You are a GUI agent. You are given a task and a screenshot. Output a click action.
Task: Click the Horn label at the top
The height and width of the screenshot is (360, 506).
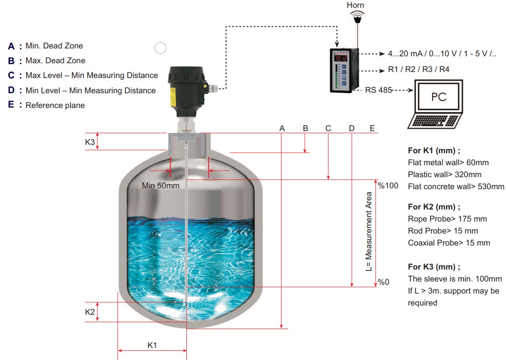[355, 5]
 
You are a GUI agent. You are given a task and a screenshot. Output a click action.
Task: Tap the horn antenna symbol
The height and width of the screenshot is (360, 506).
[357, 17]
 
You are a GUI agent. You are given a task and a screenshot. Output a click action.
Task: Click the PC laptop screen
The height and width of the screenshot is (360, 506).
[439, 96]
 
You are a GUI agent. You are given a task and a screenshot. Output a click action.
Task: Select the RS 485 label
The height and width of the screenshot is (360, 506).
[378, 90]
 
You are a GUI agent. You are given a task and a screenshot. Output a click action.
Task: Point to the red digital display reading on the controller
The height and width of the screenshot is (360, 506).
[340, 59]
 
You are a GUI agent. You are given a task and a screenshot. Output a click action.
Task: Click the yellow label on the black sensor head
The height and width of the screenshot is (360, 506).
[173, 96]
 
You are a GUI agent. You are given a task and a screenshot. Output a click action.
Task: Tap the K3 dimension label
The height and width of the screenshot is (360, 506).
[89, 142]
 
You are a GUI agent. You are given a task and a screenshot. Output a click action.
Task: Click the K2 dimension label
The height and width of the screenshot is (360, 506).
[89, 312]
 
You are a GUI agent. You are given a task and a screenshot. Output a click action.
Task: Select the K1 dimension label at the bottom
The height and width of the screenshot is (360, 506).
[152, 345]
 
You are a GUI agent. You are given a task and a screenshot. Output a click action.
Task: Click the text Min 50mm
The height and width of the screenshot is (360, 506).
[161, 186]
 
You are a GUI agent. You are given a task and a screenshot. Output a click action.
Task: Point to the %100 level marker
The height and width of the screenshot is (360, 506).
[388, 186]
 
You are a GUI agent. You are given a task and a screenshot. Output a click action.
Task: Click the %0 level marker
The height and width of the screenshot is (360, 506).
[384, 282]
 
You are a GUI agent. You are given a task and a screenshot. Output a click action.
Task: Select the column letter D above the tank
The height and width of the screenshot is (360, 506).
[352, 128]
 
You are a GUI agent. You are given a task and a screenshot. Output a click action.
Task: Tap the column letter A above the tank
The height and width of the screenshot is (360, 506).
[282, 128]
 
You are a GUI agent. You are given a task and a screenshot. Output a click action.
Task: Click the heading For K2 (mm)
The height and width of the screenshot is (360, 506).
[434, 207]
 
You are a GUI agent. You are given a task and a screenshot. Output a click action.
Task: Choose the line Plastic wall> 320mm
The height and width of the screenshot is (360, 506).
[445, 174]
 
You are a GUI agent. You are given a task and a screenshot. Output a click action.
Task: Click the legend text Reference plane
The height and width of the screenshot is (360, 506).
[55, 105]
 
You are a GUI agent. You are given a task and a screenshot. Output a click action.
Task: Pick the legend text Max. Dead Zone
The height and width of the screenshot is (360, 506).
[55, 60]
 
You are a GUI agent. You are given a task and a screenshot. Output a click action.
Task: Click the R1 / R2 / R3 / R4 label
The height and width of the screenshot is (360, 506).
[418, 69]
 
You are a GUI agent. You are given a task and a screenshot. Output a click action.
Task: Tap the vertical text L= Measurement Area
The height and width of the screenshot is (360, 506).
[369, 232]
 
